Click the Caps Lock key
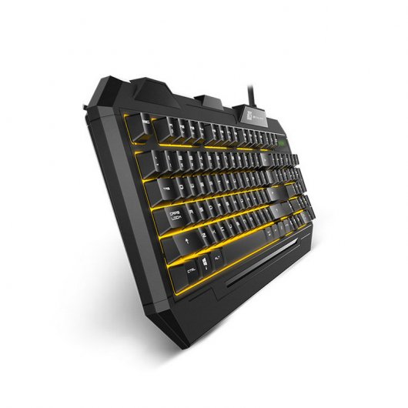[x=169, y=216]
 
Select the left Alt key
[x=218, y=258]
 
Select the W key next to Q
[x=196, y=183]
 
